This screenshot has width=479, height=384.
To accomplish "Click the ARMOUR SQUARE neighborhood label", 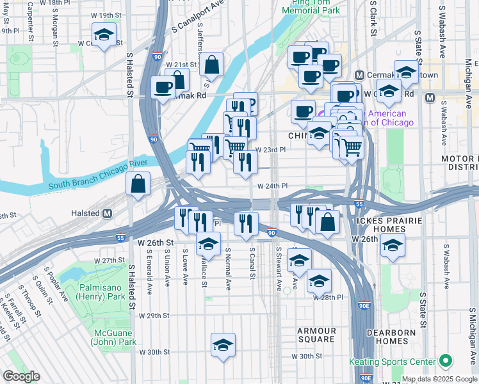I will tap(316, 335).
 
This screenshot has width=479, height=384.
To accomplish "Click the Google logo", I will tap(21, 376).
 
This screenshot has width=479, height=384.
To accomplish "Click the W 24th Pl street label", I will tap(272, 186).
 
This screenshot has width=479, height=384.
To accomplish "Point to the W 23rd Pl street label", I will tap(270, 150).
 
